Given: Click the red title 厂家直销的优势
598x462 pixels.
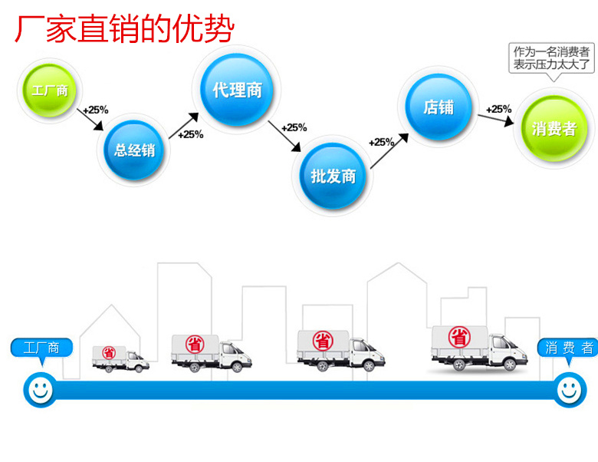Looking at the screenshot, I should [124, 30].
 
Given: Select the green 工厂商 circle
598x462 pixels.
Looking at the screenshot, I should [50, 91].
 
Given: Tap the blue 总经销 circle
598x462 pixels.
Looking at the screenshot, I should [135, 150].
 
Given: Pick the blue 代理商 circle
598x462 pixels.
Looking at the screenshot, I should [237, 91].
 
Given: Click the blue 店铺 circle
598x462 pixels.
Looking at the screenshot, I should [439, 107].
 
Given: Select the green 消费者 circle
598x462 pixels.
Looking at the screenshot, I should [554, 128].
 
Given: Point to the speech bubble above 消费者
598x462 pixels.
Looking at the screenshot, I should [552, 58].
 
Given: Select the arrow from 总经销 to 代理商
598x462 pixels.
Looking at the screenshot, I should [185, 122].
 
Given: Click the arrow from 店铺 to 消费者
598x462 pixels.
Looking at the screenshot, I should [499, 117].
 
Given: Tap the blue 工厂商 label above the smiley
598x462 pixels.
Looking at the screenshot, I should [42, 348].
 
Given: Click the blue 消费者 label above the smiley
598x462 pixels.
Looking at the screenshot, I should [569, 348].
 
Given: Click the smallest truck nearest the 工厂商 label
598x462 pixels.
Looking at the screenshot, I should [120, 358].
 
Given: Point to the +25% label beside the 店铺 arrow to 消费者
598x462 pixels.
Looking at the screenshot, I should [499, 108].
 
